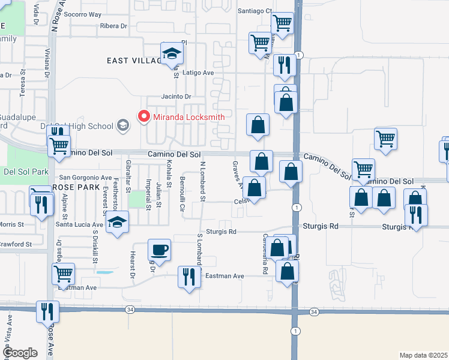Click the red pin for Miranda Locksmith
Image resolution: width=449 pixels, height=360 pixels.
click(144, 117)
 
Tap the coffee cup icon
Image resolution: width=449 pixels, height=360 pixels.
click(160, 249)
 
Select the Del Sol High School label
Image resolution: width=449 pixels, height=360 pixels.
click(83, 126)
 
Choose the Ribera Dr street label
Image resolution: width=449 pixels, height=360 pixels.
click(114, 26)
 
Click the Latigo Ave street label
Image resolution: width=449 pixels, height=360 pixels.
click(198, 73)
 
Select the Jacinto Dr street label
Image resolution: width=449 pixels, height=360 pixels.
click(176, 97)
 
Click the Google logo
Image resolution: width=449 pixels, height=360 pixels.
click(20, 353)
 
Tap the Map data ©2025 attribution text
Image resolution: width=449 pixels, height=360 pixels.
click(423, 355)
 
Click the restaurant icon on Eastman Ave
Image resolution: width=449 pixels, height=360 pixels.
click(188, 277)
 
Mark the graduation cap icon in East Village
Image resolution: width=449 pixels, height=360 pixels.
click(172, 53)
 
